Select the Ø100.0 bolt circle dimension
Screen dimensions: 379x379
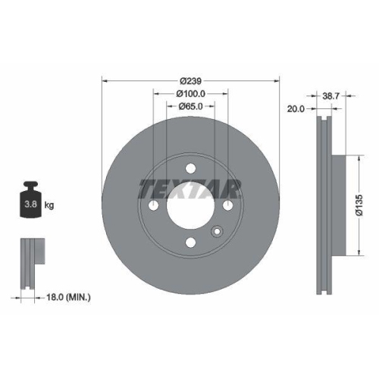pos(190,93)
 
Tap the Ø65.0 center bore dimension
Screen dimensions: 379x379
pos(190,107)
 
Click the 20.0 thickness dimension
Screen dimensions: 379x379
pos(296,109)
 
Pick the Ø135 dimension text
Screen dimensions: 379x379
pos(362,205)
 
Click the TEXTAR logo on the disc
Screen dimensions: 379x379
pos(189,189)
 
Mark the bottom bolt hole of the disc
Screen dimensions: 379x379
pos(189,243)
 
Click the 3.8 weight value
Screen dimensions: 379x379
pos(30,205)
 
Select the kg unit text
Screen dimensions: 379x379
pos(49,205)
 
